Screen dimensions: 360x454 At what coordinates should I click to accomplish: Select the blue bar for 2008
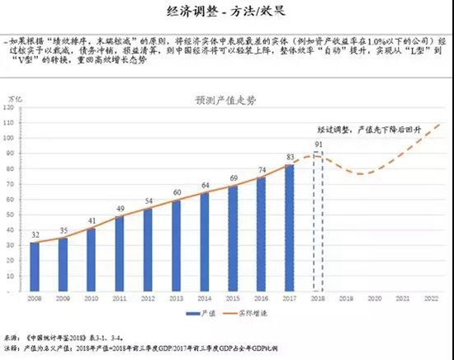click(35, 264)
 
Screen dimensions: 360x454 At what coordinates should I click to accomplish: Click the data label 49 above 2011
click(120, 209)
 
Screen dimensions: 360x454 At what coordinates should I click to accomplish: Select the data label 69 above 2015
click(234, 178)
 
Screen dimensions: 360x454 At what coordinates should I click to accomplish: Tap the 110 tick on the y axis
click(11, 122)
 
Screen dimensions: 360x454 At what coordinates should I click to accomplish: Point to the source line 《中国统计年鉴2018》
click(62, 339)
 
